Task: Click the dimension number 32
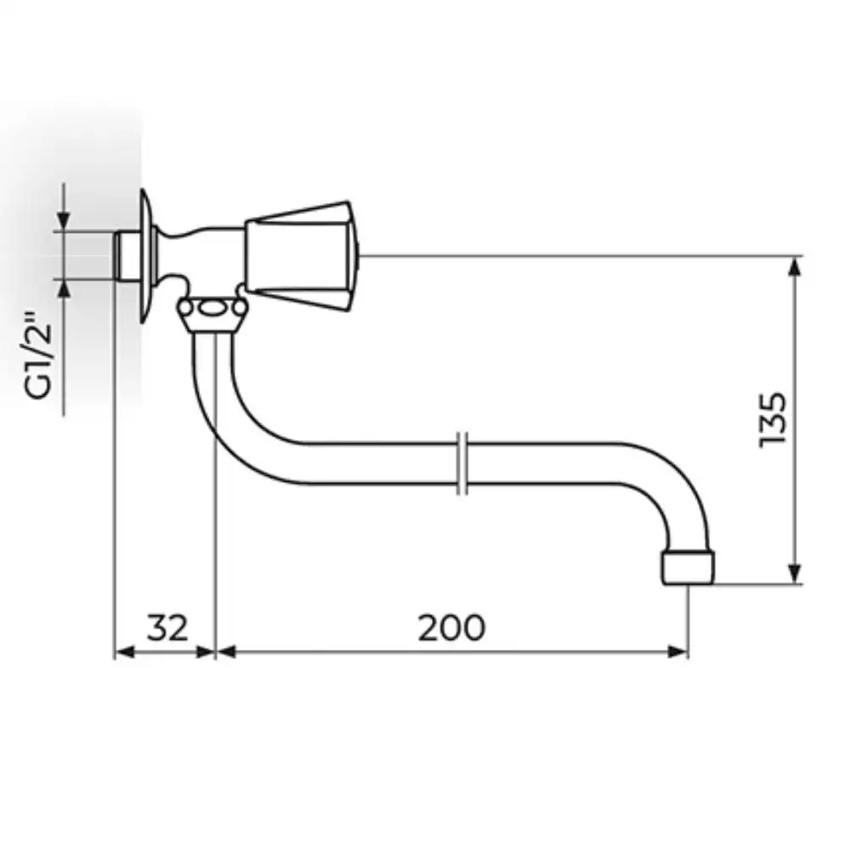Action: [x=167, y=628]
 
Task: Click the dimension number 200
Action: [x=451, y=628]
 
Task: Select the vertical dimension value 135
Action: [x=773, y=420]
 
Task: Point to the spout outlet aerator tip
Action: [x=688, y=568]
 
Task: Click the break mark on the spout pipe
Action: [x=462, y=463]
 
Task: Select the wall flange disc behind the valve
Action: [x=147, y=256]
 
